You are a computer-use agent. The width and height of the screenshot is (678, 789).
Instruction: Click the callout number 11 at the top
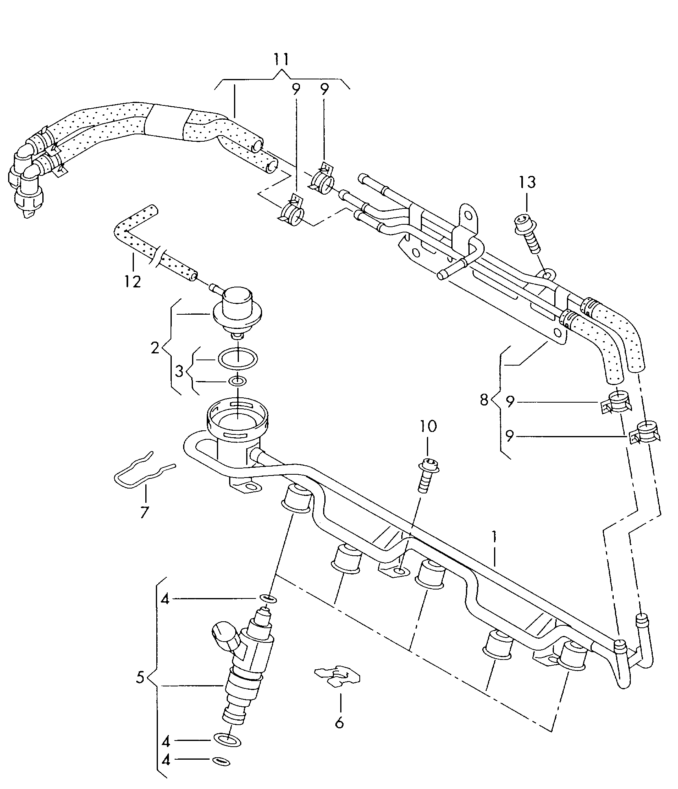[x=281, y=59]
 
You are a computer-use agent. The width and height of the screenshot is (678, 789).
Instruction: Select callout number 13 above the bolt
[x=527, y=182]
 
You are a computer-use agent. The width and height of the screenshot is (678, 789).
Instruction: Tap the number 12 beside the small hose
[x=133, y=281]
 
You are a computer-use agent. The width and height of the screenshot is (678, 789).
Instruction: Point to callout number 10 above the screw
[x=428, y=426]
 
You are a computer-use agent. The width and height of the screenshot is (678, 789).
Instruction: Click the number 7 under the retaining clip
[x=143, y=512]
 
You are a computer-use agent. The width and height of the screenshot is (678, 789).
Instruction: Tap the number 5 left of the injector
[x=140, y=678]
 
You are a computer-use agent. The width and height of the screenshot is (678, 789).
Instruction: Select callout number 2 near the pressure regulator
[x=155, y=348]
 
